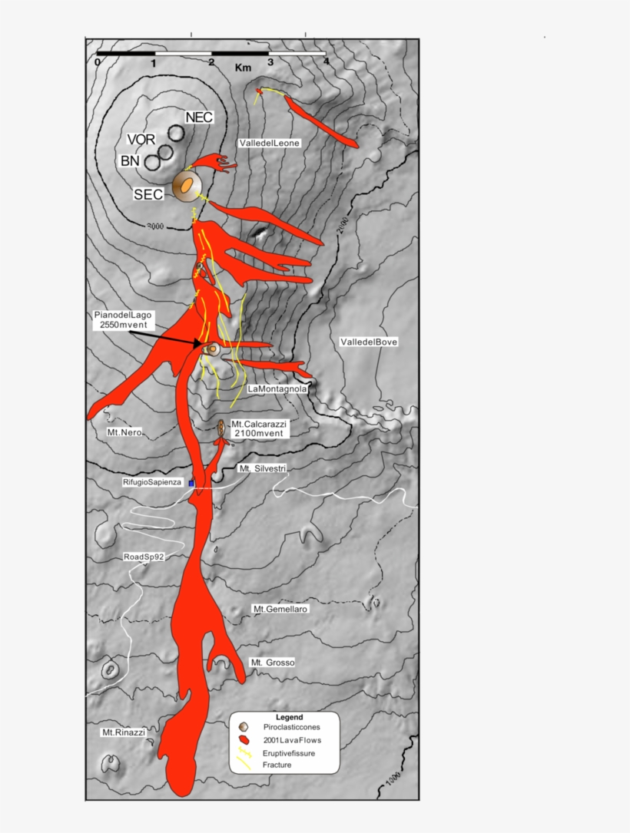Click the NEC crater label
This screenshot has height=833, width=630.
click(199, 117)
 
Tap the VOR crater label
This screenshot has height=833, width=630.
click(141, 140)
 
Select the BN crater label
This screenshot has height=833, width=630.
click(129, 161)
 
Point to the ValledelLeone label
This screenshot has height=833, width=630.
click(269, 143)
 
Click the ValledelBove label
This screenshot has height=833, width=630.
click(369, 342)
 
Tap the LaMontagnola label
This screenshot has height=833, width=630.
click(277, 389)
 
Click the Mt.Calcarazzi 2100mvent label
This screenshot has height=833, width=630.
click(258, 429)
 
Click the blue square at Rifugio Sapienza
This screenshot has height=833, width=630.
click(191, 484)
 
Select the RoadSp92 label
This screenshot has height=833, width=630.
click(144, 557)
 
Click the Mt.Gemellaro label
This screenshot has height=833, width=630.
click(280, 609)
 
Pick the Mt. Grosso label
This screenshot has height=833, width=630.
click(273, 662)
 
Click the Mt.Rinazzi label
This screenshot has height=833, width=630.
click(124, 732)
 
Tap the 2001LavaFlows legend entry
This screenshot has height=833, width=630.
click(291, 741)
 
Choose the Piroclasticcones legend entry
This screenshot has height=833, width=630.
click(291, 726)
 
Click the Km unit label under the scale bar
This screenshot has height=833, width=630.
click(244, 68)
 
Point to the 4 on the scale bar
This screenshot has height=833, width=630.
click(326, 61)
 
